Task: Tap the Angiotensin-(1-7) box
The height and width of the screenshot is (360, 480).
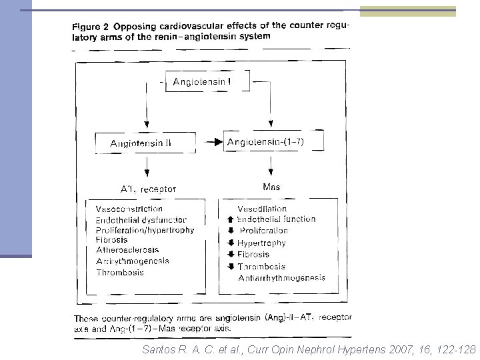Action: pyautogui.click(x=274, y=141)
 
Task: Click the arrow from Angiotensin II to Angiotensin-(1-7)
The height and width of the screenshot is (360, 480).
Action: pyautogui.click(x=212, y=142)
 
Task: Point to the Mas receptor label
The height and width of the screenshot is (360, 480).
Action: pyautogui.click(x=271, y=187)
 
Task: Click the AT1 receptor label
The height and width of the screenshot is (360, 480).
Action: pyautogui.click(x=147, y=189)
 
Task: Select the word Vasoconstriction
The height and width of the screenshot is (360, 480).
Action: pyautogui.click(x=129, y=209)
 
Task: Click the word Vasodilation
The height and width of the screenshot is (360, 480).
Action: pyautogui.click(x=262, y=209)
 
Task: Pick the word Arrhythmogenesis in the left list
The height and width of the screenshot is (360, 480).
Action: pyautogui.click(x=132, y=261)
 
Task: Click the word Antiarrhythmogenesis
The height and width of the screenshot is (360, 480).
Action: pyautogui.click(x=281, y=277)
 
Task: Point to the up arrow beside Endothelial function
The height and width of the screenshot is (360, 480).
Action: pyautogui.click(x=231, y=219)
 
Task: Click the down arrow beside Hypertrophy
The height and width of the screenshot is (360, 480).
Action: pyautogui.click(x=231, y=243)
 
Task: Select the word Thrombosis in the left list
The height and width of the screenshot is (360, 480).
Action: pyautogui.click(x=119, y=272)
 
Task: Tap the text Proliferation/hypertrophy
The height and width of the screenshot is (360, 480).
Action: pyautogui.click(x=145, y=230)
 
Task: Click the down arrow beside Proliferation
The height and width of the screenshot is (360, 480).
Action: pyautogui.click(x=231, y=231)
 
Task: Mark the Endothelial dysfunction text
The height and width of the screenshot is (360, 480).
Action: pyautogui.click(x=141, y=219)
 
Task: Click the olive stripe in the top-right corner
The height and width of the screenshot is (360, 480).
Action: pyautogui.click(x=407, y=11)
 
